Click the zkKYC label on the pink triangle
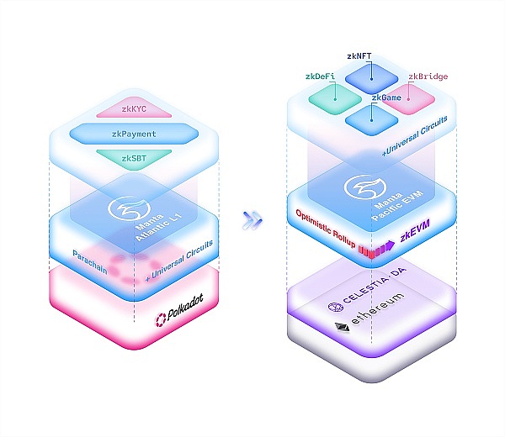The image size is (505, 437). tap(134, 109)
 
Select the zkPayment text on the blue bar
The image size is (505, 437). tap(134, 134)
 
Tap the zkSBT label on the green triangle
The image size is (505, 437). tap(134, 158)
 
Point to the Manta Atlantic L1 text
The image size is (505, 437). tap(158, 226)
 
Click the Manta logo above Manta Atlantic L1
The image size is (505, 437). tap(129, 209)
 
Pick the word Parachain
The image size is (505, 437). tap(90, 261)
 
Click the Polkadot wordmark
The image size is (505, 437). tap(185, 307)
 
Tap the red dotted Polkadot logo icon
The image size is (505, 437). tap(161, 320)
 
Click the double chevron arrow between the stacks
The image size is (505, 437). tap(252, 220)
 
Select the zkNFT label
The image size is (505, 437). tap(359, 56)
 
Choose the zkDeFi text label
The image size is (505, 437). tap(320, 76)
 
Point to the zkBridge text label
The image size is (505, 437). tap(428, 76)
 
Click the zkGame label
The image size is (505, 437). tap(386, 97)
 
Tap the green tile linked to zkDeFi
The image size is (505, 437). tap(335, 98)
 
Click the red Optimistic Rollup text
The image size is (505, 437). tap(326, 229)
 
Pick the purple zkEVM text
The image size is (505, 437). tap(415, 231)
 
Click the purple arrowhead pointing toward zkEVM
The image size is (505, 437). tap(390, 245)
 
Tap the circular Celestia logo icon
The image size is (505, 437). tap(336, 307)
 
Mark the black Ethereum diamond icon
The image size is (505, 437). tap(342, 328)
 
